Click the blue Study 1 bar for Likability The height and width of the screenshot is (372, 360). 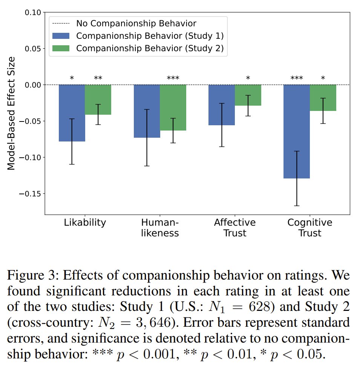click(x=72, y=113)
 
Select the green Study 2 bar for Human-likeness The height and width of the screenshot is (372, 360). click(x=173, y=108)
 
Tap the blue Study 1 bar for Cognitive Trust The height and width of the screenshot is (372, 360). click(x=297, y=131)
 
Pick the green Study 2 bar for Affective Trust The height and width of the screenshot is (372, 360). click(x=248, y=95)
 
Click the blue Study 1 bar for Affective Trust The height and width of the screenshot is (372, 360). click(x=222, y=105)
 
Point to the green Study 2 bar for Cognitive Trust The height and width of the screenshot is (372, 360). click(x=323, y=98)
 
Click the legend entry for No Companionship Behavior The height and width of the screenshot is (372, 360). click(x=124, y=23)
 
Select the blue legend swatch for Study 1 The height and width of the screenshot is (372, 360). click(x=61, y=36)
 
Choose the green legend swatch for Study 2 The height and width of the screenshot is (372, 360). click(x=61, y=48)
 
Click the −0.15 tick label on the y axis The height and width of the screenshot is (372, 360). click(x=30, y=194)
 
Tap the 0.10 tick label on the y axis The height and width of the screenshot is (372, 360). click(x=33, y=12)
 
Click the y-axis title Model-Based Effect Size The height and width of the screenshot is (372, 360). click(x=11, y=114)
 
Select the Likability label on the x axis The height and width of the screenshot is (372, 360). click(x=85, y=223)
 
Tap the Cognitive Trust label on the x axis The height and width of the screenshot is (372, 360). click(x=310, y=228)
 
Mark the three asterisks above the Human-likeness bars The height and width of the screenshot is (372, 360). click(x=173, y=78)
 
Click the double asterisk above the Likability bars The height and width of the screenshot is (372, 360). click(x=98, y=78)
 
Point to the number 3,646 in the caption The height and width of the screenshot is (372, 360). click(x=153, y=323)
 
